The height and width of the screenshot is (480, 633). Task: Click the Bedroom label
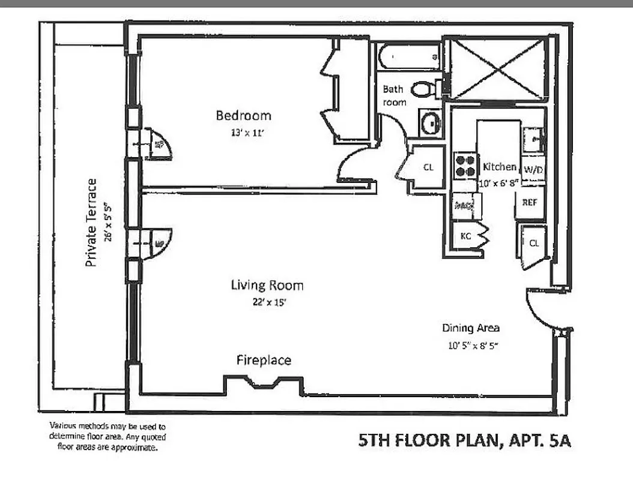point(243,115)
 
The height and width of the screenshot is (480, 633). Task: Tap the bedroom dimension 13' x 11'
point(243,134)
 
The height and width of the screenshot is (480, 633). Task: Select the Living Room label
point(267,285)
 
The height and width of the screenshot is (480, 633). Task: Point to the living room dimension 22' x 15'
point(267,303)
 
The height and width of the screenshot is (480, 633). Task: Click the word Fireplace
point(264,361)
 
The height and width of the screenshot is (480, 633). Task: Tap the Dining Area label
point(471,328)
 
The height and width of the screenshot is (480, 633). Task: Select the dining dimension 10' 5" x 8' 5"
point(473,346)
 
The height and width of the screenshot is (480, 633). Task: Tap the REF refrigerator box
point(529,203)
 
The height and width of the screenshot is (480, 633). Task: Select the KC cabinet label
point(465,236)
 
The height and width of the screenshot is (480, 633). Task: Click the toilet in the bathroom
point(423,89)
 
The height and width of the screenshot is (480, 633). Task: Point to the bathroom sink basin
point(431,123)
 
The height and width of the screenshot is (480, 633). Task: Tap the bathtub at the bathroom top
point(409,57)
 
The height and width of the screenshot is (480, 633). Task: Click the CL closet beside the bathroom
point(428,168)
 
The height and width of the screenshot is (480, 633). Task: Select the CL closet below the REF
point(533,243)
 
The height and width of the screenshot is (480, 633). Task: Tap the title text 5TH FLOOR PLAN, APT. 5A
point(464,442)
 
